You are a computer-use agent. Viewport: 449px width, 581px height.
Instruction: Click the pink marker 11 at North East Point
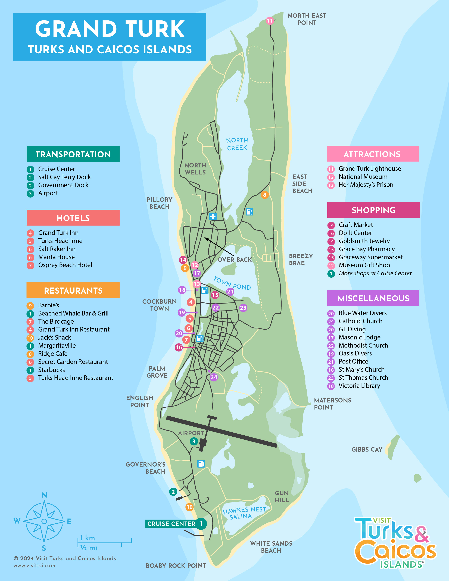coord(270,21)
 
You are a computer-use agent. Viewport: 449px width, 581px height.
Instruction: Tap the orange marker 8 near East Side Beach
coord(264,195)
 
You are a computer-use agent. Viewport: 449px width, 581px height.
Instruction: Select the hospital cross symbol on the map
coord(213,216)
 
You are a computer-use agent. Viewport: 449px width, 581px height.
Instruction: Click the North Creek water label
coord(237,144)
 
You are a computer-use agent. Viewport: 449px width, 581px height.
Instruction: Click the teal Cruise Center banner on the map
coord(171,524)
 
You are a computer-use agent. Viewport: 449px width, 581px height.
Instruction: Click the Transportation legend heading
coord(73,154)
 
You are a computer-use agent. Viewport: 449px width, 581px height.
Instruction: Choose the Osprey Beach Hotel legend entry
coord(65,265)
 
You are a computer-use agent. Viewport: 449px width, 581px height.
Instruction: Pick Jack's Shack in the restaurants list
coord(55,338)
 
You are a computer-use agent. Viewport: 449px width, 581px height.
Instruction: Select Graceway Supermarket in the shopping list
coord(370,257)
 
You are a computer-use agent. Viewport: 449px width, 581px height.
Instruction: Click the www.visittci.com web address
coord(35,566)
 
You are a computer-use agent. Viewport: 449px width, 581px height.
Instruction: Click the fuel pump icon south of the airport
coord(201,464)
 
